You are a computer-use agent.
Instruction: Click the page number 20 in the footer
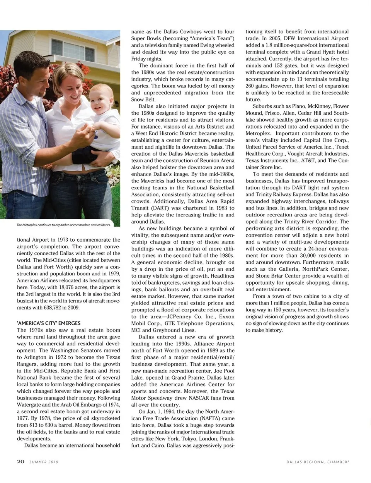[21, 461]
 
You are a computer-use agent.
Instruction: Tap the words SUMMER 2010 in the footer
[44, 462]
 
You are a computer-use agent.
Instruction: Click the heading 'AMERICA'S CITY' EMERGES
[49, 323]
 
